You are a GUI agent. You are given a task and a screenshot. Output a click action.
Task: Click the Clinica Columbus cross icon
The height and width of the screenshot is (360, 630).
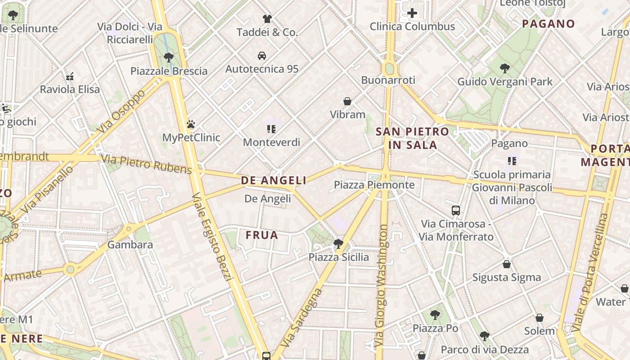tap(412, 13)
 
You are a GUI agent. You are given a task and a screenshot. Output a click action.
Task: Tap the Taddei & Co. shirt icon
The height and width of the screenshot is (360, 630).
tap(267, 19)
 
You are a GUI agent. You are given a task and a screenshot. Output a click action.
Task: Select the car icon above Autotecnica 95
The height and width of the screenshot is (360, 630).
tap(262, 56)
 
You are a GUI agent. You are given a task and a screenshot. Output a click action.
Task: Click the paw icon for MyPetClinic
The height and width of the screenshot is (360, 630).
tap(191, 124)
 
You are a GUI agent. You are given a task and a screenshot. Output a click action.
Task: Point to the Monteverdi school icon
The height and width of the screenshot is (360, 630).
tap(271, 129)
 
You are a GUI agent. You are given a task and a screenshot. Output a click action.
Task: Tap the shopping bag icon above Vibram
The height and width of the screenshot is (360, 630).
tap(347, 101)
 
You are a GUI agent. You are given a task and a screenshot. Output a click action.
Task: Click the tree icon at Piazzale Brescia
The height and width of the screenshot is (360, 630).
tap(169, 57)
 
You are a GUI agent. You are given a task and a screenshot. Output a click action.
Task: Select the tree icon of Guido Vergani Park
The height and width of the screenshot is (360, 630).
tap(504, 68)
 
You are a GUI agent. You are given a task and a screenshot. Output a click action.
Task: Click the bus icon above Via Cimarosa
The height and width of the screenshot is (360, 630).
tap(456, 210)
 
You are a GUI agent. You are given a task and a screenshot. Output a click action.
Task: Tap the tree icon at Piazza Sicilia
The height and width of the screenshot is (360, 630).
tap(338, 244)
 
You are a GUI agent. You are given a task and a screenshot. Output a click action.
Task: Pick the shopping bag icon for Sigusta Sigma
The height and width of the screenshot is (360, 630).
tap(507, 264)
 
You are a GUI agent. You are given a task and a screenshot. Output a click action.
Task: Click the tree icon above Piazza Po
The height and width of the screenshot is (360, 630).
tap(435, 315)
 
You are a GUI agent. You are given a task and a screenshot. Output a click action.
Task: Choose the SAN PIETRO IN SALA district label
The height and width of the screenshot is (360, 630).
tap(413, 138)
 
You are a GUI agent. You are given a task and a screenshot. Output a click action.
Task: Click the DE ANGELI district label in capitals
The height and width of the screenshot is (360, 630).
tap(274, 180)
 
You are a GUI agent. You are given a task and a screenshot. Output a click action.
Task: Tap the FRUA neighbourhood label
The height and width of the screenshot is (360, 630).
tap(261, 235)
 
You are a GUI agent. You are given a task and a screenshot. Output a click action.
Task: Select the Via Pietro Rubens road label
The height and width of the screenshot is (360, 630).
tap(146, 164)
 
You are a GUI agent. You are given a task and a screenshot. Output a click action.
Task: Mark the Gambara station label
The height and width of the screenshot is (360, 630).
tap(130, 245)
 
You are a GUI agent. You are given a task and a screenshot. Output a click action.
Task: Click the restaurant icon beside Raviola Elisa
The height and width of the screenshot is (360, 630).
tap(70, 76)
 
